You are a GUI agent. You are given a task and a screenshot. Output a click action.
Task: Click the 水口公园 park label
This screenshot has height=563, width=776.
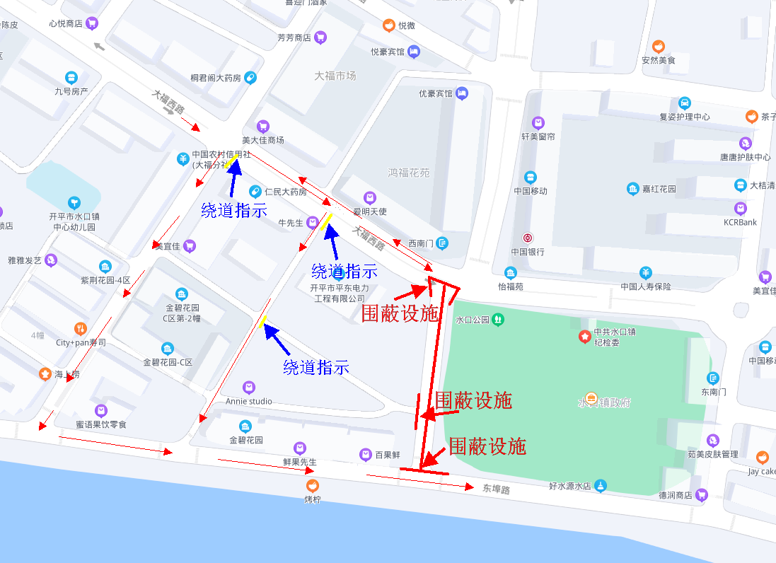click(473, 320)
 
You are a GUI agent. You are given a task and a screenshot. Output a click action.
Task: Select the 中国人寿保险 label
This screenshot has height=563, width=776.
click(645, 286)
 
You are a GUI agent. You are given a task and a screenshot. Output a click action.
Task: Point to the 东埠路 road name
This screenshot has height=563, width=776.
click(497, 488)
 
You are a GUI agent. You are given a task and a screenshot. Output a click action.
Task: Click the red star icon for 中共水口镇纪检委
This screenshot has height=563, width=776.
click(584, 337)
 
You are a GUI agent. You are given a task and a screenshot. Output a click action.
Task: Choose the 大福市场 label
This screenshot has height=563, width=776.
click(335, 76)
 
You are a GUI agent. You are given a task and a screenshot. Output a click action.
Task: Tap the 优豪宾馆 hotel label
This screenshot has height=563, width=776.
click(435, 93)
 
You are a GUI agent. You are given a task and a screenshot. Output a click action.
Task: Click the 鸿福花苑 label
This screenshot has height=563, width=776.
click(409, 173)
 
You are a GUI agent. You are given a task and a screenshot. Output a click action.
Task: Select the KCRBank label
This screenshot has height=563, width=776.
click(740, 222)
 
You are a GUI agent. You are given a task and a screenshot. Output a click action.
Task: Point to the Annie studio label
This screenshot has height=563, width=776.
click(248, 401)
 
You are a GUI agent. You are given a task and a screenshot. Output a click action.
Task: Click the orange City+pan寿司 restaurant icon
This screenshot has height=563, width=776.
click(81, 329)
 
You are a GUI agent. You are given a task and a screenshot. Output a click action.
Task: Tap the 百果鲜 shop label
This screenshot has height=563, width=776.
click(388, 455)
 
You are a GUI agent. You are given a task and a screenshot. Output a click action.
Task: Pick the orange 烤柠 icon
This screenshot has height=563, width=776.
click(312, 486)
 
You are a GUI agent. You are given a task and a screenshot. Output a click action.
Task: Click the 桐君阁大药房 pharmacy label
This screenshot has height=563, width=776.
click(216, 78)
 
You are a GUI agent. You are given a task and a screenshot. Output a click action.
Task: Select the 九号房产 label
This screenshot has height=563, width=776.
click(71, 91)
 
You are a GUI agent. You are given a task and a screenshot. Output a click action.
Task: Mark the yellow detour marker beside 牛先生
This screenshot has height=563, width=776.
click(327, 221)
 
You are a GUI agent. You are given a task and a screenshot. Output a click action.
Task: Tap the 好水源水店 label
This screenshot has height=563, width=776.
click(570, 487)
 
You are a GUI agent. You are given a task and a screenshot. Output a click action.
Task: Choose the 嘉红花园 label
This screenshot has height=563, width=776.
click(659, 189)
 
